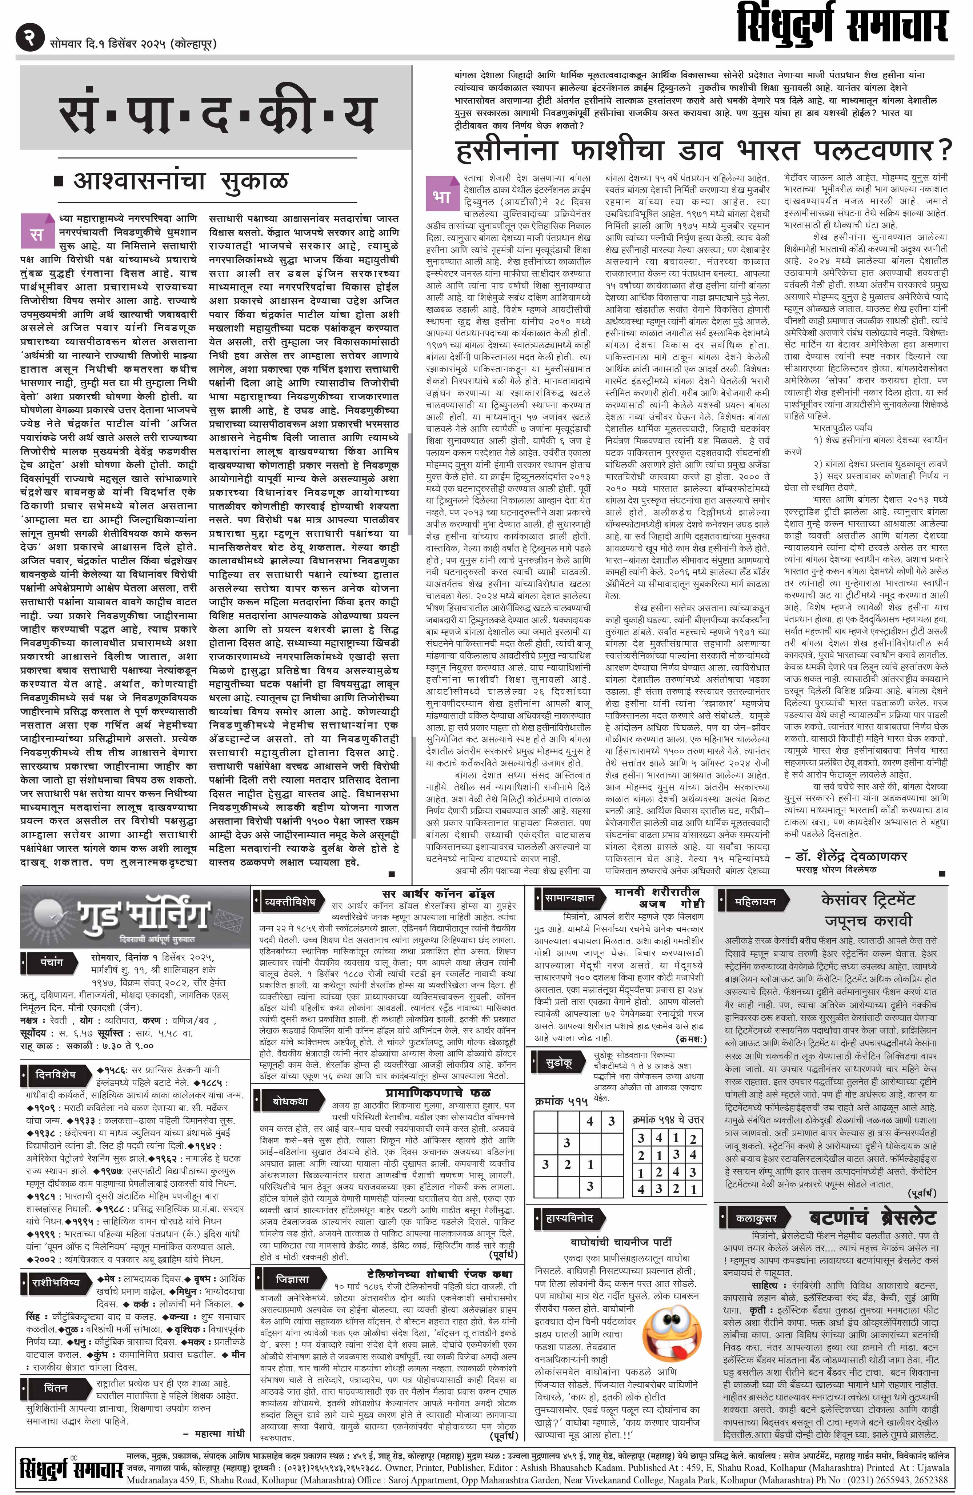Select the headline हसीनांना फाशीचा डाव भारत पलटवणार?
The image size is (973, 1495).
tap(704, 151)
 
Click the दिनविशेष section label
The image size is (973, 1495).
tap(55, 1075)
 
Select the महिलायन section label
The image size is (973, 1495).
tap(755, 901)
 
